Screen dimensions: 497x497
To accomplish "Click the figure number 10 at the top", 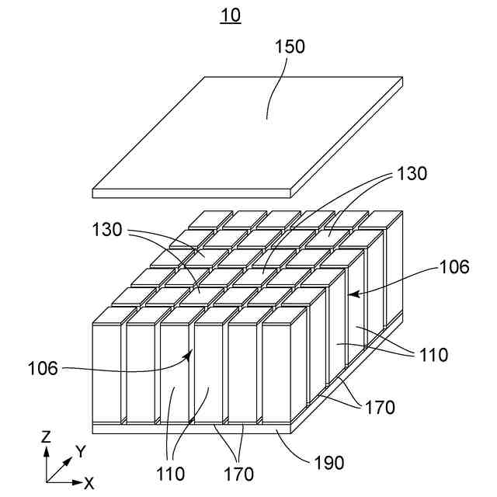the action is coord(231,15).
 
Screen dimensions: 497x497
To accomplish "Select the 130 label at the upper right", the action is coord(412,174).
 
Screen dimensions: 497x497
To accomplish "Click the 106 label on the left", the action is coord(43,368).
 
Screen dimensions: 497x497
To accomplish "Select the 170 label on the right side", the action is coord(380,406).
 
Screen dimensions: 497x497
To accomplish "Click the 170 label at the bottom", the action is coord(238,472).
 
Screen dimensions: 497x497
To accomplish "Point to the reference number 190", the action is coord(328,464).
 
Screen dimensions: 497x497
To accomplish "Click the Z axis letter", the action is coord(46,437).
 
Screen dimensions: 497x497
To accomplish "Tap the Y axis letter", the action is coord(80,451).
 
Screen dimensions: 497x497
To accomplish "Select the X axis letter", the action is coord(89,484).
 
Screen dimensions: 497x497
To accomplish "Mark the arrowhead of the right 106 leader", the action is coord(350,294).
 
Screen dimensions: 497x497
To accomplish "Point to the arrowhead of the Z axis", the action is coord(46,450).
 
